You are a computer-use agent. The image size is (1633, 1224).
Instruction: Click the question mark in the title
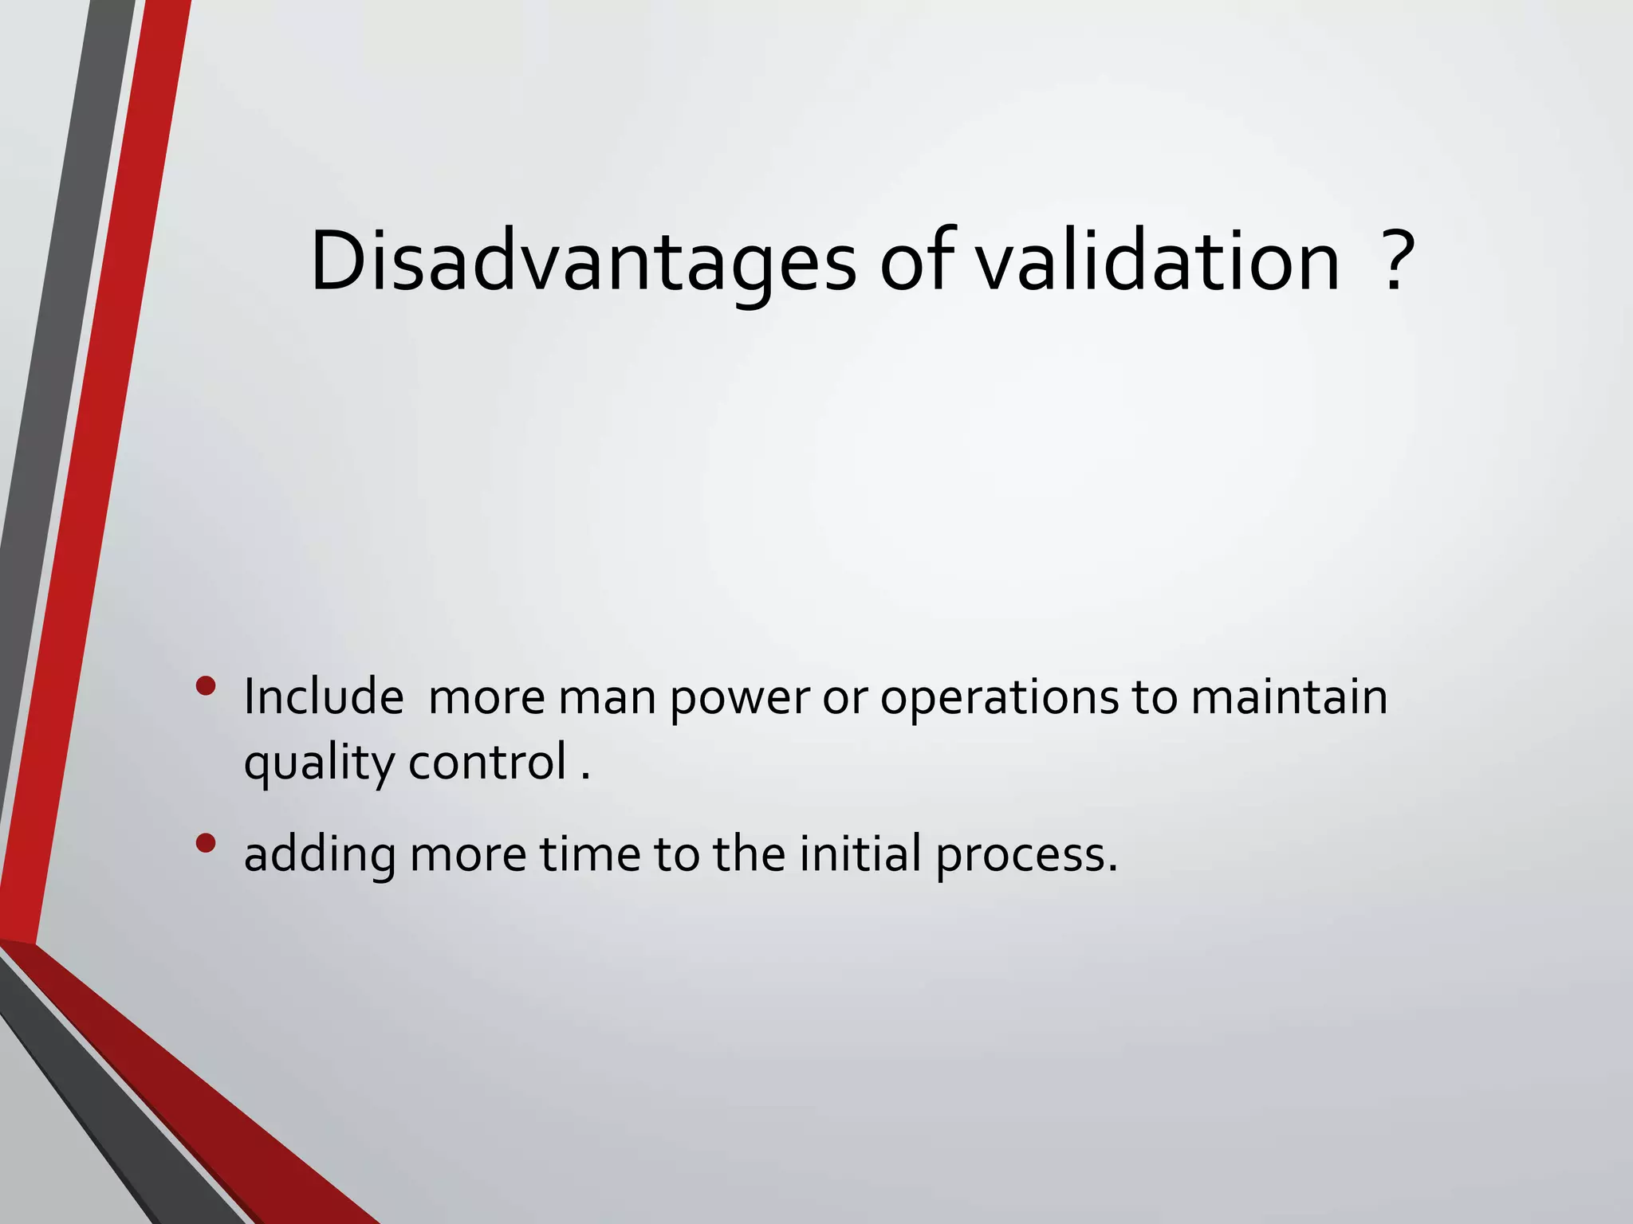pyautogui.click(x=1395, y=261)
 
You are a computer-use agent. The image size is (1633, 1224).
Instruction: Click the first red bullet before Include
pyautogui.click(x=206, y=686)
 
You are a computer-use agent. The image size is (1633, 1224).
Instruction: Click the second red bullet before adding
pyautogui.click(x=206, y=843)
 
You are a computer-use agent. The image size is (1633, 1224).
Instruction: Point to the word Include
pyautogui.click(x=323, y=696)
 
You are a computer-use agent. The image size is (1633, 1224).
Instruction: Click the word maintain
pyautogui.click(x=1289, y=696)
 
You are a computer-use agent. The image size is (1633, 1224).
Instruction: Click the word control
pyautogui.click(x=487, y=762)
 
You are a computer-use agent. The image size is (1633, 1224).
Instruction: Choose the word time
pyautogui.click(x=590, y=854)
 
